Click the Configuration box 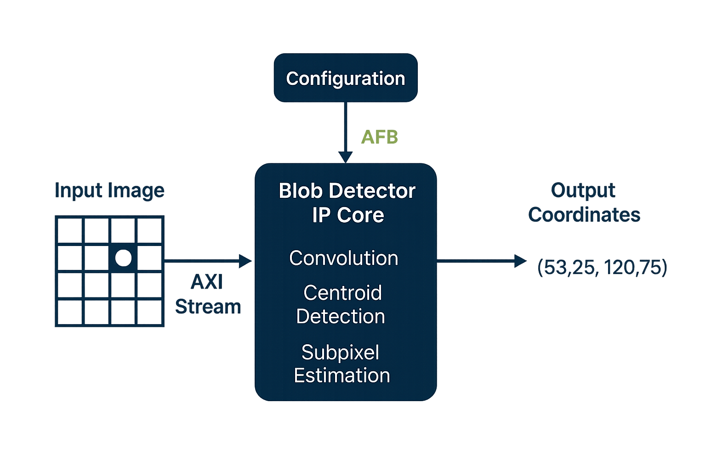click(346, 78)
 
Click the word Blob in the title click(301, 191)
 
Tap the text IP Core click(348, 215)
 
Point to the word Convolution click(343, 258)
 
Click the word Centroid click(342, 293)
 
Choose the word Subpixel click(340, 352)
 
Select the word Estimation click(342, 375)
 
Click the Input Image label click(109, 190)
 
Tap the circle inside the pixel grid click(123, 258)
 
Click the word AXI click(207, 282)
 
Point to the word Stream click(208, 307)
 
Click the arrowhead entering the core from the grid click(245, 261)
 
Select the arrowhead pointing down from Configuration click(345, 157)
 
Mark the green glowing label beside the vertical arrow click(380, 137)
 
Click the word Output click(583, 190)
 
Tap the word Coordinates click(584, 215)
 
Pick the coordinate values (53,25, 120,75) click(602, 267)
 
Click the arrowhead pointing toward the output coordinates click(520, 261)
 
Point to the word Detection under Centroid click(341, 317)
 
